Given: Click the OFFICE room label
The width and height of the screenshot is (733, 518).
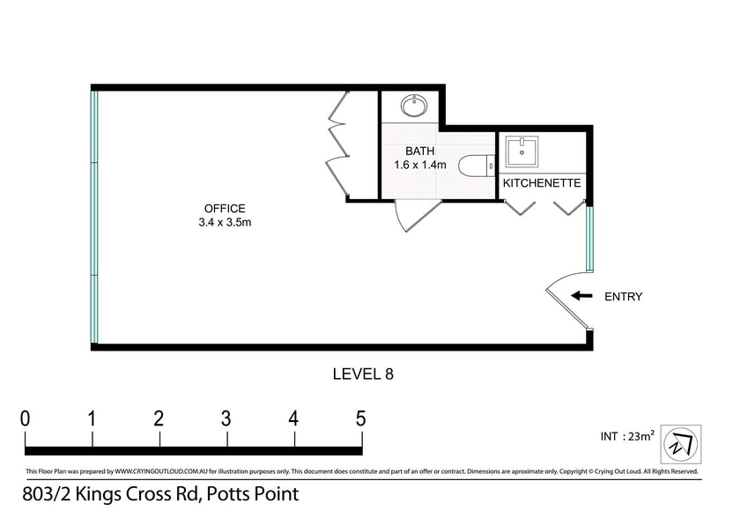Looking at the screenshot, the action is pyautogui.click(x=225, y=209).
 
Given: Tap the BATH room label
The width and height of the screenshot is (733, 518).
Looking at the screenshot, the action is pyautogui.click(x=419, y=151).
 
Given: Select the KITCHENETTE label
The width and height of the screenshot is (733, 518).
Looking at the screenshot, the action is pyautogui.click(x=542, y=182).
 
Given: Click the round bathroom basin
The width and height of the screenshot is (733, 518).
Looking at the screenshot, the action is pyautogui.click(x=413, y=105).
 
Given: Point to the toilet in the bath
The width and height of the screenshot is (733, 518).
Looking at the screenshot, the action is pyautogui.click(x=477, y=166).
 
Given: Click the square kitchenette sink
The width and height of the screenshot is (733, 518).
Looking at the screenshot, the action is pyautogui.click(x=522, y=151).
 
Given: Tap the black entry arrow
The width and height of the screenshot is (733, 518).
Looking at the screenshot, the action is pyautogui.click(x=581, y=295).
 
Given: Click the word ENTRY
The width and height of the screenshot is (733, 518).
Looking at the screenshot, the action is pyautogui.click(x=623, y=296).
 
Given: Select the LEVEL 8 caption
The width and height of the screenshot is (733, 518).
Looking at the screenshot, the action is pyautogui.click(x=363, y=374).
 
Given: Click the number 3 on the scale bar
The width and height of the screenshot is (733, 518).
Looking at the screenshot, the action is pyautogui.click(x=226, y=418).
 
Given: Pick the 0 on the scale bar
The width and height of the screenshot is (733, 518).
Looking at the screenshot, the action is pyautogui.click(x=26, y=418).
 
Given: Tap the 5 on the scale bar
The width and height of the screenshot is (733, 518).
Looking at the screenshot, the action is pyautogui.click(x=360, y=418).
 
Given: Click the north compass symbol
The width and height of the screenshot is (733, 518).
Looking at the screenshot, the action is pyautogui.click(x=681, y=444).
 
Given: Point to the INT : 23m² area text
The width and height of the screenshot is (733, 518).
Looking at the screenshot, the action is pyautogui.click(x=627, y=436).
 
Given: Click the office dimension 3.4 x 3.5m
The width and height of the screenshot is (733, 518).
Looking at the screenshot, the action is pyautogui.click(x=225, y=223).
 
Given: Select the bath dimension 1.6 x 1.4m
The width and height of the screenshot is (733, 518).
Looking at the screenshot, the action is pyautogui.click(x=419, y=165).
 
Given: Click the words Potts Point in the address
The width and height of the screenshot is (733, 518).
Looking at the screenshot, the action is pyautogui.click(x=253, y=494).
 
